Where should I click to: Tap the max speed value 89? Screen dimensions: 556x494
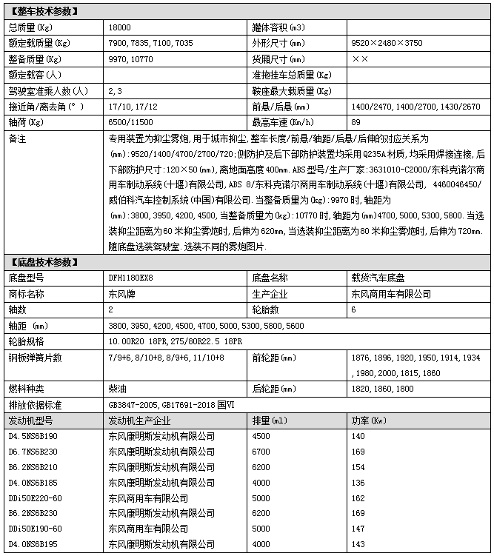356,122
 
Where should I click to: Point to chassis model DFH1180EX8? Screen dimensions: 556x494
136,278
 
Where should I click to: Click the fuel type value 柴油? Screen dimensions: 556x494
116,388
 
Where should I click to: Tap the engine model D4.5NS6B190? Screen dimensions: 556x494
36,437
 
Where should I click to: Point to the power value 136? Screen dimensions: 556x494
358,483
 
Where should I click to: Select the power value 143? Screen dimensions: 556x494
358,545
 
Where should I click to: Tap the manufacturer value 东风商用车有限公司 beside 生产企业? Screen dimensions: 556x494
391,294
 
